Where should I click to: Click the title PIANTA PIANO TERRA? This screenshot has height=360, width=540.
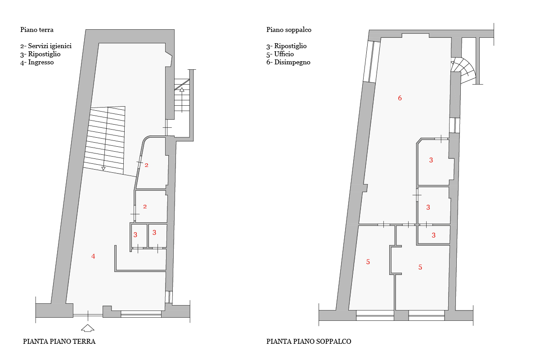pos(59,342)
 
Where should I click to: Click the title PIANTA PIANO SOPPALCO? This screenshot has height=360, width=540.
pos(309,342)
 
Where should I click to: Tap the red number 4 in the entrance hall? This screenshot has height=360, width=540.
pos(93,256)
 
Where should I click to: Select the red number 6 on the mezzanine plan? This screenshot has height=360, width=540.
pos(400,98)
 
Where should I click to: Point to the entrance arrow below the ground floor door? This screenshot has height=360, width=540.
pos(87,328)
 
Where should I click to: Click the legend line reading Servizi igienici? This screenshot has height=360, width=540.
pos(46,46)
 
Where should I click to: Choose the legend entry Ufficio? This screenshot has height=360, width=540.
pos(280,54)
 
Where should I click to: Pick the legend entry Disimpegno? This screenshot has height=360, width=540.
pos(288,62)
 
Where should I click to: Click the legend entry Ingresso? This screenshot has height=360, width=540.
pos(37,62)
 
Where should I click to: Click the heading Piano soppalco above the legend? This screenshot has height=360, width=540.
pos(289,30)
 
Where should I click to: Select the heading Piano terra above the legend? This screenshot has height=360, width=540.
pos(37,30)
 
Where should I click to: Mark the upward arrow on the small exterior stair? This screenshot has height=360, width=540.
pos(182,100)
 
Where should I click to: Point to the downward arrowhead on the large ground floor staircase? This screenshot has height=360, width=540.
pos(103,169)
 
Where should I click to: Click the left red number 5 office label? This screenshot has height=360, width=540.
pos(368,261)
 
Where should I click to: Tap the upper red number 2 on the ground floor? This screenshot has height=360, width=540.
pos(146,165)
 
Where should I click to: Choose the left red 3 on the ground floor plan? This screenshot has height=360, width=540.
pos(135,235)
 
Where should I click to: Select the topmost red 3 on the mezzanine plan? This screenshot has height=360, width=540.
pos(431,160)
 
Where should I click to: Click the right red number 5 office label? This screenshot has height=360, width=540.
pos(420,267)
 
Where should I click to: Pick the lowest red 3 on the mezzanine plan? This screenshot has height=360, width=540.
pos(433,235)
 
